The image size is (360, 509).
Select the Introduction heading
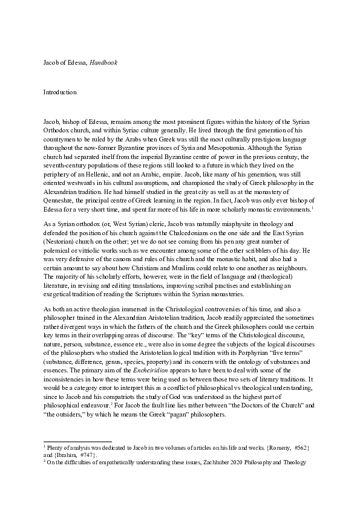[x=59, y=92]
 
